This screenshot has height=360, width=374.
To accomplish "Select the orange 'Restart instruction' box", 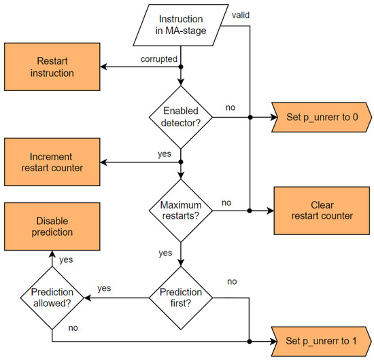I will point(51,67).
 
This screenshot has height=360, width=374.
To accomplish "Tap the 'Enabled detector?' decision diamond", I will point(181,117).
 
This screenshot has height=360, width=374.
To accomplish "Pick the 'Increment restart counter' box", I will point(51,162).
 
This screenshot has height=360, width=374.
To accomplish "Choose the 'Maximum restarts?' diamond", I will point(181,210).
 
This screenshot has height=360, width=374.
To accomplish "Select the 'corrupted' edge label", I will point(158,59).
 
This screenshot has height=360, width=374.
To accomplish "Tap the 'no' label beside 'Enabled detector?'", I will point(231,107).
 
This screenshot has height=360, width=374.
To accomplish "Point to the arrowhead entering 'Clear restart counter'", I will point(269,211).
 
